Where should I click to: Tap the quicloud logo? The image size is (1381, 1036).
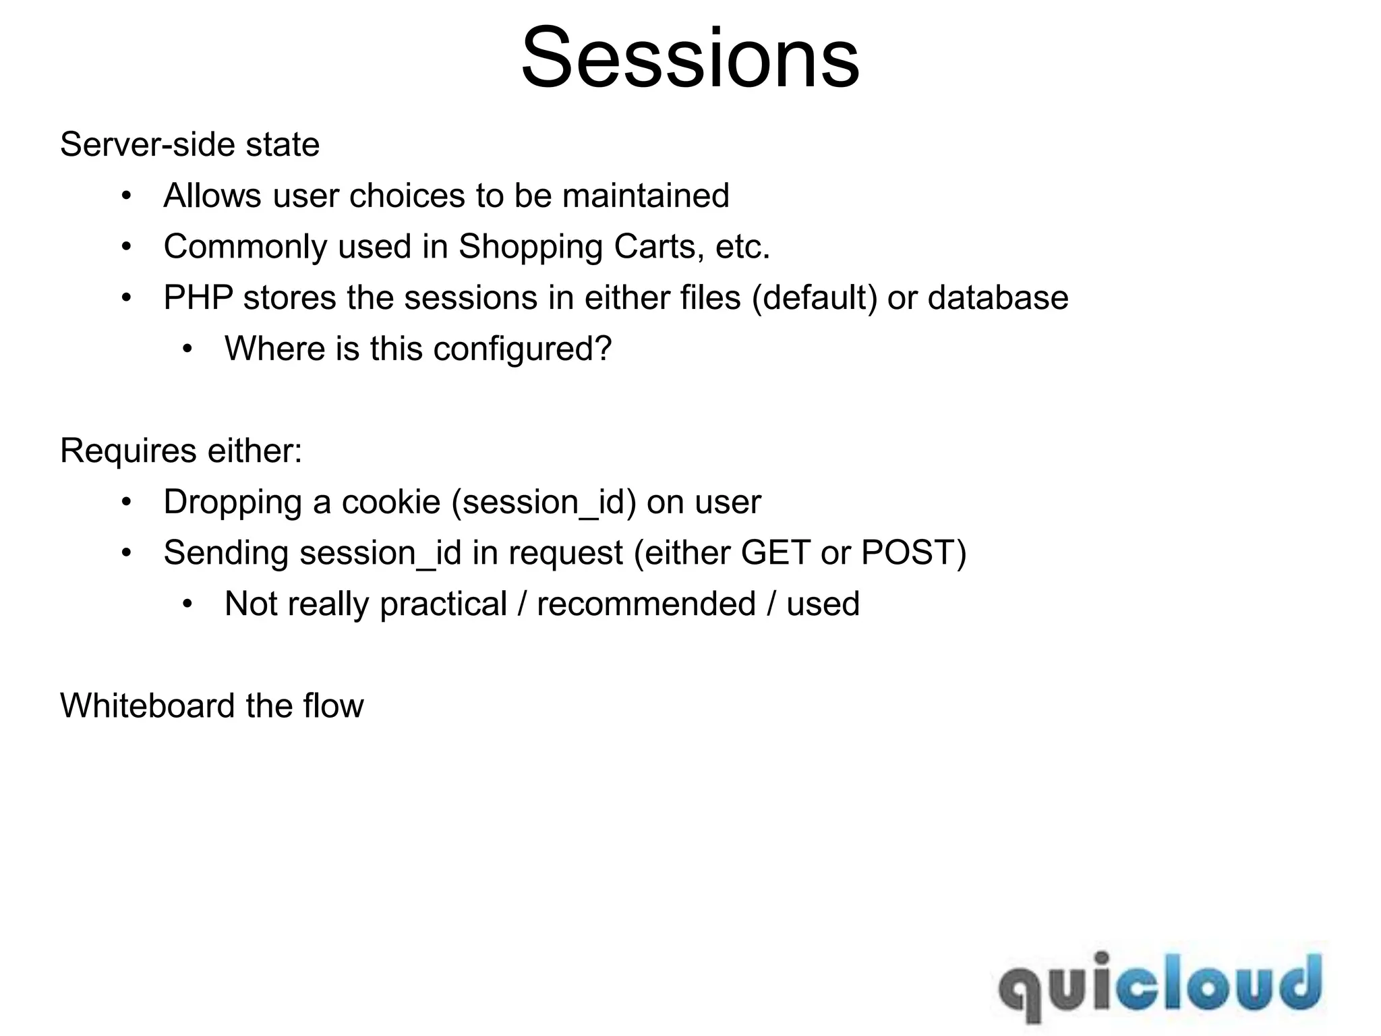[x=1159, y=985]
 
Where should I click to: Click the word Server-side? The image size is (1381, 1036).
[x=147, y=144]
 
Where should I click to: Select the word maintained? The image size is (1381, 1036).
[x=645, y=196]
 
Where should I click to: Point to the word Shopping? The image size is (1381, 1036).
[x=530, y=247]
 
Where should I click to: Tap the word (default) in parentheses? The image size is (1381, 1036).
[x=814, y=297]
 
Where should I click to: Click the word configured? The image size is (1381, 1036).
[x=522, y=349]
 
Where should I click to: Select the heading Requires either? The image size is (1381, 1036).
[x=181, y=451]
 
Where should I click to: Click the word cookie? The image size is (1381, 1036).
[x=390, y=502]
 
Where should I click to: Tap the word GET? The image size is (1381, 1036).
[x=775, y=553]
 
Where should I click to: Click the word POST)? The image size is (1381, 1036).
[x=914, y=553]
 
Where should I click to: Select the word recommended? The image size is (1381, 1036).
[x=645, y=604]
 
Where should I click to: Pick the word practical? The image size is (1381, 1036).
[x=443, y=604]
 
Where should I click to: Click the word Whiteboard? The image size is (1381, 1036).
[x=147, y=706]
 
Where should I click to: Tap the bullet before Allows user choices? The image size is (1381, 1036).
[x=126, y=196]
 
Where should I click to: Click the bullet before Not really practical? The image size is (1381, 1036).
[x=187, y=604]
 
